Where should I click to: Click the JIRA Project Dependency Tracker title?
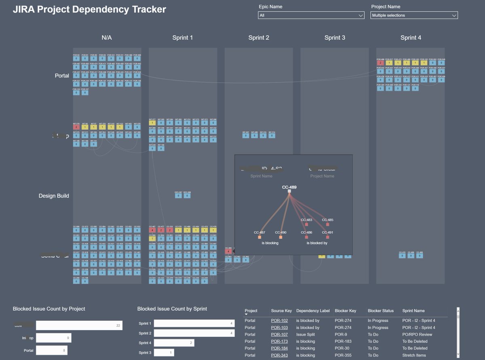(89, 10)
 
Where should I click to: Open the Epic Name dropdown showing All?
(311, 15)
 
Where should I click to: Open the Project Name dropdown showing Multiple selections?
(414, 15)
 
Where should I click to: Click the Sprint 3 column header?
(335, 38)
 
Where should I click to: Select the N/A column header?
(107, 38)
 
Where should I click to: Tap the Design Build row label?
(54, 196)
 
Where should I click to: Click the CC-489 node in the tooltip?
(289, 191)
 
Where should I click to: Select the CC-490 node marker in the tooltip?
(280, 237)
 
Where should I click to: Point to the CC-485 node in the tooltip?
(327, 224)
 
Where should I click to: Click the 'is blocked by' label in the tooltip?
(317, 243)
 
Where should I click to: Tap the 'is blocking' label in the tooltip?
(270, 243)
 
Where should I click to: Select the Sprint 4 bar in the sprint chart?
(174, 343)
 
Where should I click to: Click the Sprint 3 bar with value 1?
(164, 353)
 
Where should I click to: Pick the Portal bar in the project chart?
(51, 350)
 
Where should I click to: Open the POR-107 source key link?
(279, 335)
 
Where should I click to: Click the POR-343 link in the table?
(279, 355)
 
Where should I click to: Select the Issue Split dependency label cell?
(307, 335)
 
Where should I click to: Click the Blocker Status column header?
(380, 311)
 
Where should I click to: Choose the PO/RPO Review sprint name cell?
(417, 335)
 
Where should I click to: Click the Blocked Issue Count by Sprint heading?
(172, 309)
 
